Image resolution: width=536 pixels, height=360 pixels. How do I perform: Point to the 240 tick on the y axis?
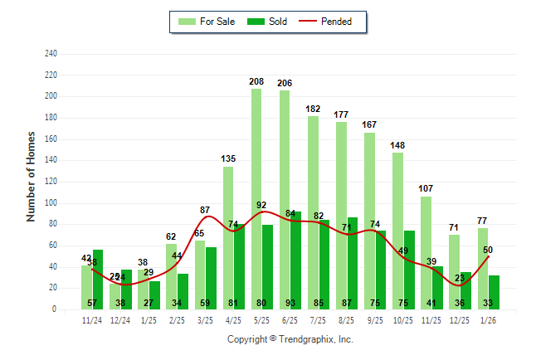coord(51,54)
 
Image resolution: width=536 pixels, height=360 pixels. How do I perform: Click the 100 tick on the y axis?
coord(51,203)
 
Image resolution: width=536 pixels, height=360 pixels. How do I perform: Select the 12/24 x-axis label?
coord(120,319)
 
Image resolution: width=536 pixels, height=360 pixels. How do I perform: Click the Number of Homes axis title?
coord(31,176)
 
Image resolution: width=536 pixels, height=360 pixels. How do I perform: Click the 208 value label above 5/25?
coord(256,82)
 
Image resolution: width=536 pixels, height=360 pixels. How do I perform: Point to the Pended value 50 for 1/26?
coord(488,250)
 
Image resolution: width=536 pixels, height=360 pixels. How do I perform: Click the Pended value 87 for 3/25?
coord(205,210)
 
